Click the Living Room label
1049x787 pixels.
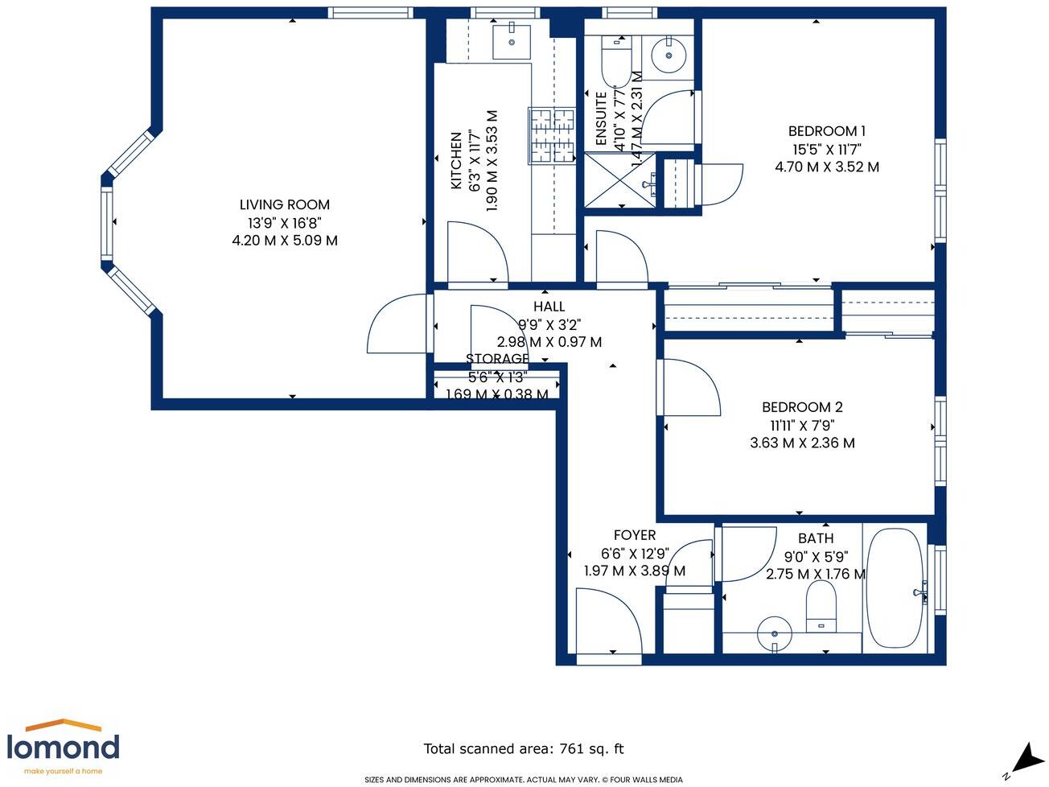click(x=284, y=205)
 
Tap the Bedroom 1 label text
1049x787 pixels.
click(x=826, y=131)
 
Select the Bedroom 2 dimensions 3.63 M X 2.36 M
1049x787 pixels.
click(x=802, y=443)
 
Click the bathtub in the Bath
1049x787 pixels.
click(x=895, y=587)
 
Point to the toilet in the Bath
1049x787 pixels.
click(x=821, y=605)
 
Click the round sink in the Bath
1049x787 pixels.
click(x=775, y=632)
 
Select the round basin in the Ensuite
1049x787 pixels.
click(x=667, y=56)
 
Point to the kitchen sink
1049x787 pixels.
click(x=511, y=40)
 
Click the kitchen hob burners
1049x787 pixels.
click(x=552, y=135)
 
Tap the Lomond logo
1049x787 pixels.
click(x=63, y=746)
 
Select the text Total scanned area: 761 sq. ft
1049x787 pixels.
click(x=524, y=748)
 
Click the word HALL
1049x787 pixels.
click(x=549, y=307)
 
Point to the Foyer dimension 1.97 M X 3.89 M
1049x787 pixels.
click(x=634, y=571)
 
